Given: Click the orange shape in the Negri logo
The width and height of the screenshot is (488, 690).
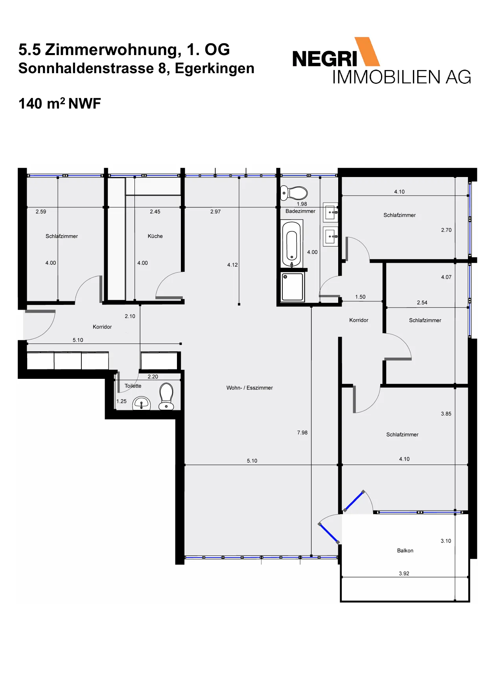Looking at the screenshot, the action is [x=367, y=51].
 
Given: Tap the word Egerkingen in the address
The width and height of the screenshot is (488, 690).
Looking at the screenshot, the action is [x=215, y=68].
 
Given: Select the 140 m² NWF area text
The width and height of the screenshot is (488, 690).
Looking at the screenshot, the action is [x=60, y=103].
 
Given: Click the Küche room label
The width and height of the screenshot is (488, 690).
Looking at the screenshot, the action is [x=155, y=236].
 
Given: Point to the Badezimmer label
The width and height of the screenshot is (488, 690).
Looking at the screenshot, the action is [x=300, y=211].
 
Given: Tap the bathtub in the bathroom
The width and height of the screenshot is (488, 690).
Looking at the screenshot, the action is [x=292, y=244].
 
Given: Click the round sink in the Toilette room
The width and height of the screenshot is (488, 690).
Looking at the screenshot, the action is [x=142, y=403].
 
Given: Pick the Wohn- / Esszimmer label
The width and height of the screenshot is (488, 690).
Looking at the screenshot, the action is [x=249, y=388].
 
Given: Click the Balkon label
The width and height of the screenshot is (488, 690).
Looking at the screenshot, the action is [x=405, y=551].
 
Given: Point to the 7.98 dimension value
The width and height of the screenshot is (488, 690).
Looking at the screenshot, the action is [x=302, y=433].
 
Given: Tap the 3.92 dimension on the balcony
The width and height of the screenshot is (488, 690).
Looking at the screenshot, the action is [x=404, y=574].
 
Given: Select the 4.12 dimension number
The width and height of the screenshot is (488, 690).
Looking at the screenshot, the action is [x=232, y=265].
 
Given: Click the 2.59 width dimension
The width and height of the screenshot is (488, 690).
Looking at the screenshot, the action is [x=41, y=212].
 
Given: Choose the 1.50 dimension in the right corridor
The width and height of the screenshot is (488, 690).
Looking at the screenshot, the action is [x=360, y=297].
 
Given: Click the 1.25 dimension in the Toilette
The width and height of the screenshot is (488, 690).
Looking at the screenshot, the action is [x=122, y=402].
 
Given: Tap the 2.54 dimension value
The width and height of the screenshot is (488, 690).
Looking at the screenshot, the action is [x=422, y=303].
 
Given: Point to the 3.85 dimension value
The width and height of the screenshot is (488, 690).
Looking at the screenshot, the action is [x=446, y=414].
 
